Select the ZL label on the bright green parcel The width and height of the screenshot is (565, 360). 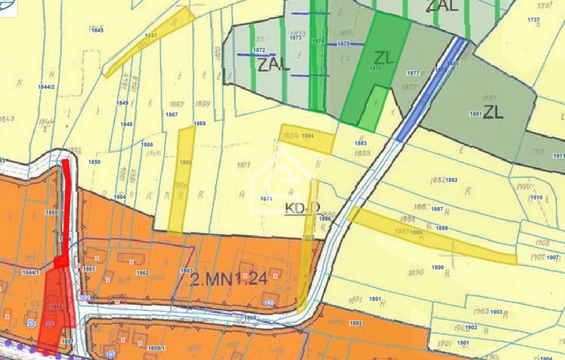[x=384, y=57]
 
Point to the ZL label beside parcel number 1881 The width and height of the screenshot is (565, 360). [x=493, y=112]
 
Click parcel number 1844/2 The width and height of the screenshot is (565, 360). [x=46, y=87]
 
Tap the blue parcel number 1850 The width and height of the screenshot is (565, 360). [x=94, y=162]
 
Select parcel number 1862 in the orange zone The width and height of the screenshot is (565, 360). [x=142, y=273]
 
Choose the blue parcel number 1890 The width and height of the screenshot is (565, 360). [x=438, y=267]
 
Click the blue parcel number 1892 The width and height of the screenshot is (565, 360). [x=356, y=324]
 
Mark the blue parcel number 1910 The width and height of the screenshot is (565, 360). [x=536, y=198]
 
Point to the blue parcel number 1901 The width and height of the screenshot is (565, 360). [x=463, y=343]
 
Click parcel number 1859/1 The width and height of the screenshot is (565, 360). [x=157, y=348]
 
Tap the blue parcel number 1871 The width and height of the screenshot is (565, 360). [x=266, y=198]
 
